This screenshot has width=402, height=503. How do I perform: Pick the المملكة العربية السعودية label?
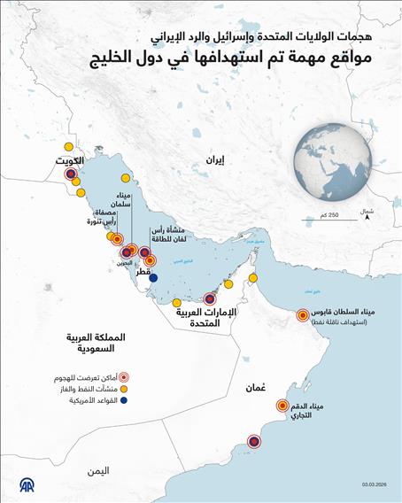99,344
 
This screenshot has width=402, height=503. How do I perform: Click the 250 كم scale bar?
321,215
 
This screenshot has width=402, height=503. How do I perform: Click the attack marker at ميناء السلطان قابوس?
303,314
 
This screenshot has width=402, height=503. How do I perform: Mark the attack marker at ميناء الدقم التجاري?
283,407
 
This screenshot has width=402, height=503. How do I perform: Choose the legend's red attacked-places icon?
125,376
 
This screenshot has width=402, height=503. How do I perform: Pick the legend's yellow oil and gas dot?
125,389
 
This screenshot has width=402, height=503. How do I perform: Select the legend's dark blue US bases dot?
125,401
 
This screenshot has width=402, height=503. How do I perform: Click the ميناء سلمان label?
123,200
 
